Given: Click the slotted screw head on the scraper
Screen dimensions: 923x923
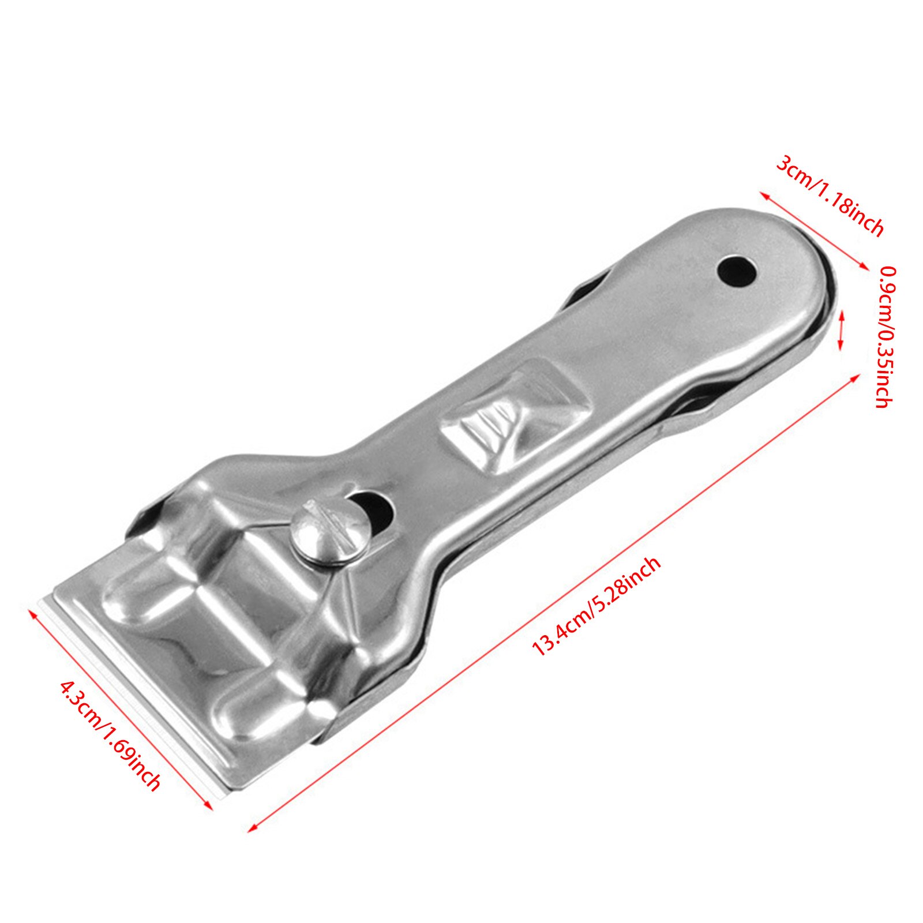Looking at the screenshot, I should [x=329, y=530].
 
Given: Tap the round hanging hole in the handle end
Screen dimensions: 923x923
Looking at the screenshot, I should [x=737, y=270].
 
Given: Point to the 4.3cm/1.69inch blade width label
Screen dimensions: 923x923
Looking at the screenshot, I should [x=110, y=736].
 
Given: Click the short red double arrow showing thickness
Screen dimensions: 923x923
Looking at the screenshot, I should [x=841, y=330].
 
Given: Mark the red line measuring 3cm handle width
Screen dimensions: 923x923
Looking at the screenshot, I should [x=813, y=231].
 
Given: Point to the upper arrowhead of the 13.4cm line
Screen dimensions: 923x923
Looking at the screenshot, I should [x=856, y=377].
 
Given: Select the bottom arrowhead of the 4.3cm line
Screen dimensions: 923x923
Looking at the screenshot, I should [x=209, y=806].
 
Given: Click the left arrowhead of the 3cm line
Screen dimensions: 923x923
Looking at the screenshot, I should [x=763, y=196].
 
